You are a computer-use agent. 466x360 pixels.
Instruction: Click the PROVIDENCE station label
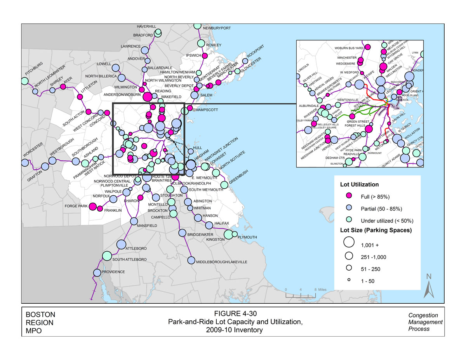tap(113, 272)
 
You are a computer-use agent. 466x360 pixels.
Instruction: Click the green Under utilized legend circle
tap(349, 220)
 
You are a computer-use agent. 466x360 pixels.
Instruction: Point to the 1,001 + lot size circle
tap(349, 242)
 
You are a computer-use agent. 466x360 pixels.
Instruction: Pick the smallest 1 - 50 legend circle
tap(349, 280)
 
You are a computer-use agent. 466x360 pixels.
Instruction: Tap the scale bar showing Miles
tap(301, 294)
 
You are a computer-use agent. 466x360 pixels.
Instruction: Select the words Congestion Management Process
tap(425, 322)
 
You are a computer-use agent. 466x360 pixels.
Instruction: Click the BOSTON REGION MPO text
tap(40, 322)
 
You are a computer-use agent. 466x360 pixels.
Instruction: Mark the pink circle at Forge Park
tap(93, 206)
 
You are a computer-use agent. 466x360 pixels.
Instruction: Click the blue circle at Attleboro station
tap(121, 244)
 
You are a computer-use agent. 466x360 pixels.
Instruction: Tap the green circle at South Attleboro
tap(107, 256)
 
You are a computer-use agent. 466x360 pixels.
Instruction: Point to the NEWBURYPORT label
tap(217, 28)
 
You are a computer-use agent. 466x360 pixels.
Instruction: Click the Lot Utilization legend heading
tap(359, 184)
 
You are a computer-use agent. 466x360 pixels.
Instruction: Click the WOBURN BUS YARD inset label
tap(349, 48)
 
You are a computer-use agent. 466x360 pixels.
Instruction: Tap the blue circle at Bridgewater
tap(182, 233)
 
